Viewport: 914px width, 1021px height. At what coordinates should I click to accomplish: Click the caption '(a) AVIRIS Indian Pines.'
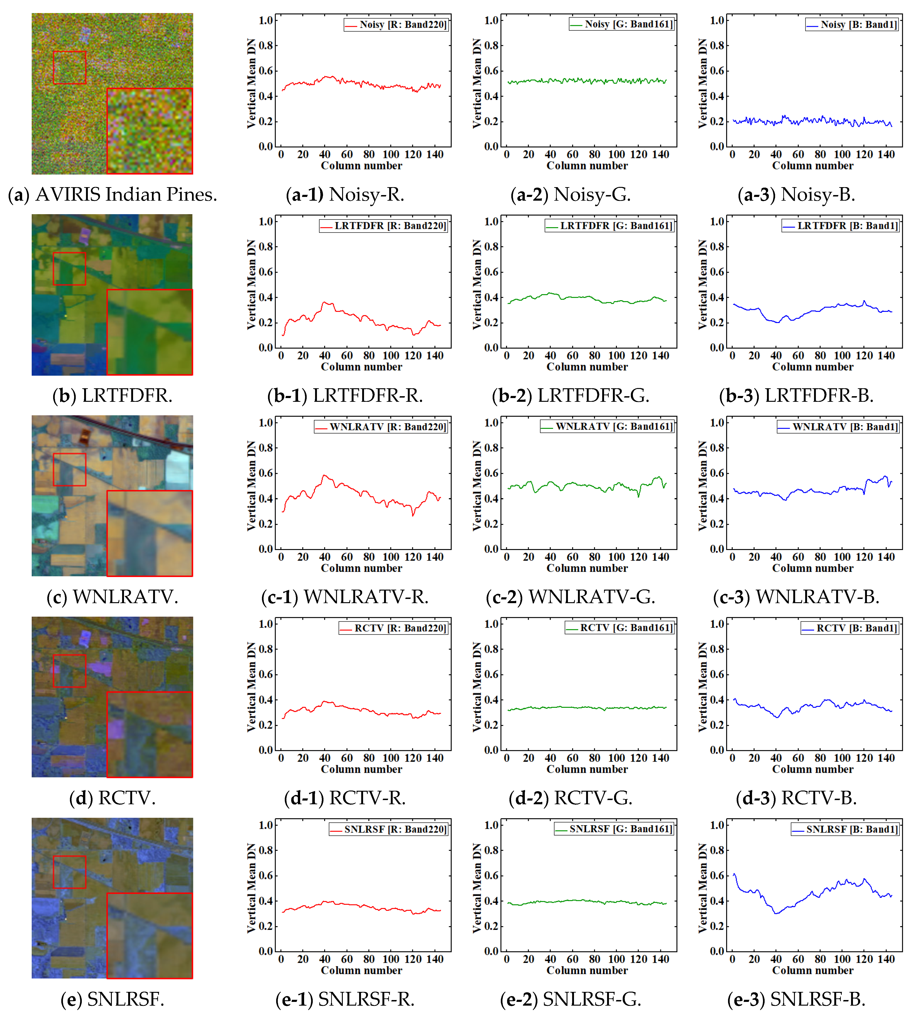click(x=113, y=194)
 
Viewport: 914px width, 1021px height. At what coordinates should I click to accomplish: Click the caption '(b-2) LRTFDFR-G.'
click(x=570, y=396)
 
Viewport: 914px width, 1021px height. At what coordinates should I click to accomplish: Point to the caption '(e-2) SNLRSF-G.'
click(x=570, y=999)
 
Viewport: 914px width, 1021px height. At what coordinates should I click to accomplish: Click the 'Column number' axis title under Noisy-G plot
click(x=587, y=166)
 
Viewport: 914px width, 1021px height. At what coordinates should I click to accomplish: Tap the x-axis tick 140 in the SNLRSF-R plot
click(x=435, y=959)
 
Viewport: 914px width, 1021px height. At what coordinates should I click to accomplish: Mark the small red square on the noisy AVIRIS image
click(x=69, y=67)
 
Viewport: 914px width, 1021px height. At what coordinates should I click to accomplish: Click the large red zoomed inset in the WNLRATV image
click(x=150, y=533)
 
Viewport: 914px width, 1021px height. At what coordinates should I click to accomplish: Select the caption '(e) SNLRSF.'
click(x=113, y=999)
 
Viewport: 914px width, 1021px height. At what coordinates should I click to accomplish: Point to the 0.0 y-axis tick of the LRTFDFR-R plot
click(x=266, y=347)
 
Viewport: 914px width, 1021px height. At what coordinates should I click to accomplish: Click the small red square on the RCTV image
click(x=69, y=671)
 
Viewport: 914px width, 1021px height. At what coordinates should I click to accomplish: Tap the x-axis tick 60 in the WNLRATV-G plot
click(x=573, y=557)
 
